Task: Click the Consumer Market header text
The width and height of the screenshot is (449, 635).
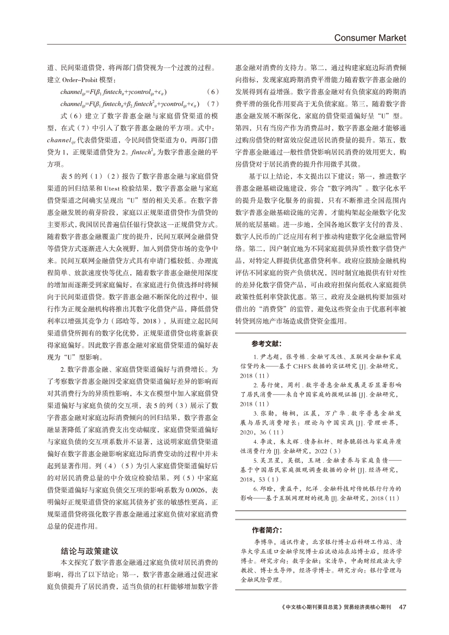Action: pos(370,38)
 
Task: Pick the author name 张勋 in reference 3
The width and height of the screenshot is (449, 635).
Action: pos(261,413)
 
